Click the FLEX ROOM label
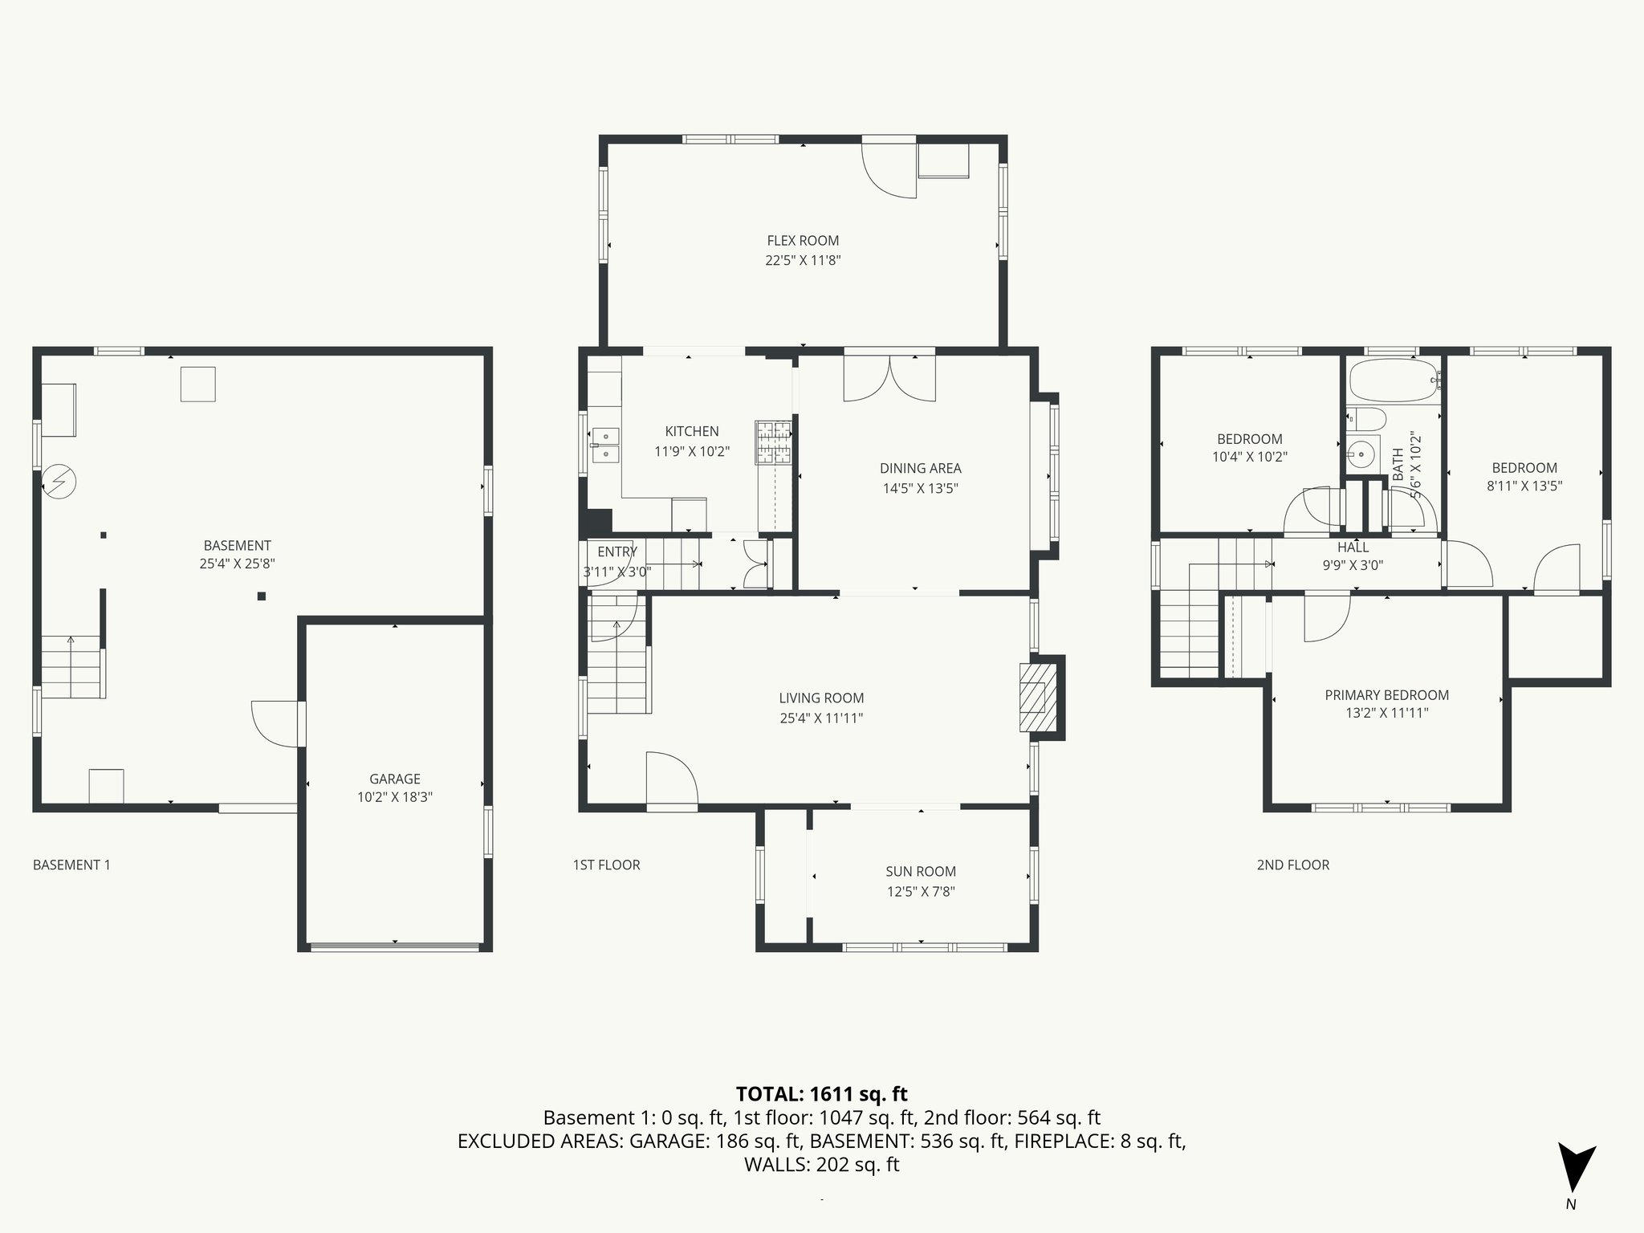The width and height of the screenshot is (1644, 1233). click(x=803, y=241)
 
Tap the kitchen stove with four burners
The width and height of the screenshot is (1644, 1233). click(x=773, y=442)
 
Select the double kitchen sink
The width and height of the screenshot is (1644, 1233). click(x=605, y=446)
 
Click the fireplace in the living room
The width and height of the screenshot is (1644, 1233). click(x=1038, y=696)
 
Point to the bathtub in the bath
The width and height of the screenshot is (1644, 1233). click(x=1393, y=380)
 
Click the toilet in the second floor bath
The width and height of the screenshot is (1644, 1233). click(x=1367, y=419)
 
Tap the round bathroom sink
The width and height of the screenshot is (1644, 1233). click(x=1361, y=454)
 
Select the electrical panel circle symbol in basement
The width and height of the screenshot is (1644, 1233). click(x=59, y=482)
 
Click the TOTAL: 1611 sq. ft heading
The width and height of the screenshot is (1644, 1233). click(x=821, y=1094)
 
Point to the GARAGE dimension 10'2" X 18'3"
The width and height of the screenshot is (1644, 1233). click(x=395, y=797)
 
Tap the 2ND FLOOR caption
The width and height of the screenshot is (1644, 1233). click(x=1292, y=865)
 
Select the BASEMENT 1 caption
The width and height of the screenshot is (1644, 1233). click(x=71, y=865)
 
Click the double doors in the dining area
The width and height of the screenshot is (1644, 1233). click(x=889, y=379)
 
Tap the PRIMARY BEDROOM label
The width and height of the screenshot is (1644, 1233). click(x=1386, y=695)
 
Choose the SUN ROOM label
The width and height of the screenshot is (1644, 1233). click(x=921, y=871)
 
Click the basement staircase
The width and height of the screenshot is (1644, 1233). click(x=72, y=666)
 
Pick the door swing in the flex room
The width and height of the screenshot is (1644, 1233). click(x=889, y=170)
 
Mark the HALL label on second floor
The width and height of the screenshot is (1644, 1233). click(x=1353, y=547)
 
